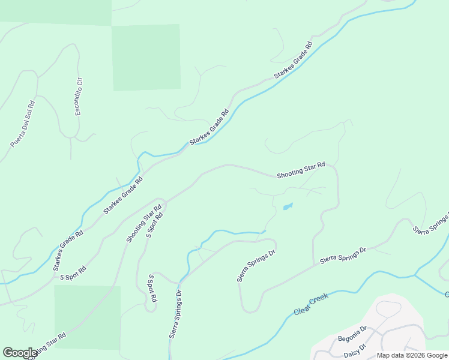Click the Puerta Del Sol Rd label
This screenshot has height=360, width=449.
click(23, 124)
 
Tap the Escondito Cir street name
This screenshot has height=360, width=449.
click(78, 97)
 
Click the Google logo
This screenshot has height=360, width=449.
click(20, 353)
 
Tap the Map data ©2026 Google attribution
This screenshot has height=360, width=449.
click(412, 355)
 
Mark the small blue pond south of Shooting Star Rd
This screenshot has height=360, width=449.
click(288, 207)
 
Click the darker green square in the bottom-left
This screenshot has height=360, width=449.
click(87, 316)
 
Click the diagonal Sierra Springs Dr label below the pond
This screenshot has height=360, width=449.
click(255, 266)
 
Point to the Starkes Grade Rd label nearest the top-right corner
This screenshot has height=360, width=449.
click(294, 61)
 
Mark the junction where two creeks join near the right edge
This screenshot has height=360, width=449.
click(416, 276)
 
